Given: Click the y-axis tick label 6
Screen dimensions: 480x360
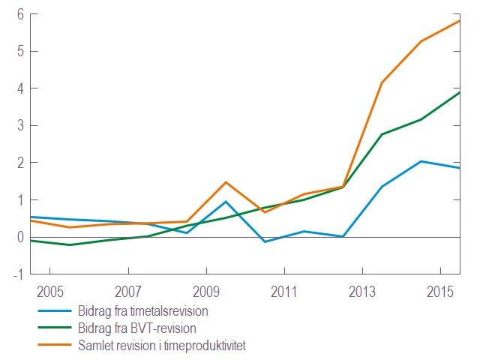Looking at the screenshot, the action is pyautogui.click(x=20, y=14).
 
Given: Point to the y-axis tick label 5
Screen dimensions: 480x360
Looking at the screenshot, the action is pyautogui.click(x=20, y=52).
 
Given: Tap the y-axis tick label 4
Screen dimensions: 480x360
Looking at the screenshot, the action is pyautogui.click(x=20, y=88).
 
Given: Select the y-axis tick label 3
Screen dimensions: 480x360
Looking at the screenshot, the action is pyautogui.click(x=20, y=125).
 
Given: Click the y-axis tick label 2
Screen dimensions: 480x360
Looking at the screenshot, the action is pyautogui.click(x=20, y=163).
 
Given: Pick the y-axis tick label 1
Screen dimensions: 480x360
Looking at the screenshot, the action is pyautogui.click(x=20, y=200).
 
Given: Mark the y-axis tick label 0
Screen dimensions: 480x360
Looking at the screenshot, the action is pyautogui.click(x=20, y=237).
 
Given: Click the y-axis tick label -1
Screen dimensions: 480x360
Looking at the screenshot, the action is pyautogui.click(x=19, y=274).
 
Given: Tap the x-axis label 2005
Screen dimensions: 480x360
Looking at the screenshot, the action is pyautogui.click(x=50, y=292).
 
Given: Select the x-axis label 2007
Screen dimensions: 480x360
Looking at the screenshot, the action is pyautogui.click(x=128, y=292).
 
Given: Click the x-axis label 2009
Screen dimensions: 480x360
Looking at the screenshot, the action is pyautogui.click(x=206, y=292).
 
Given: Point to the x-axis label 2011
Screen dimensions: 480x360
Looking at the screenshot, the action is pyautogui.click(x=284, y=292).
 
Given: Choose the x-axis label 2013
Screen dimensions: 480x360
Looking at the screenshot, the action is pyautogui.click(x=362, y=292).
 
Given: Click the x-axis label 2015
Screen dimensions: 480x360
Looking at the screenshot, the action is pyautogui.click(x=440, y=292).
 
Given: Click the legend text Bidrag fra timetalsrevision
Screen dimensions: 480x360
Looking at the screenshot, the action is pyautogui.click(x=143, y=311).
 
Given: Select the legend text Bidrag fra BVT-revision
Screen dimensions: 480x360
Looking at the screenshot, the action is pyautogui.click(x=137, y=328).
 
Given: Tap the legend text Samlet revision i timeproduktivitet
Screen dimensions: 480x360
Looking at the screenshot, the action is pyautogui.click(x=162, y=346).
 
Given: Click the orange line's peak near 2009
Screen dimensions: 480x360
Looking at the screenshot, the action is pyautogui.click(x=226, y=182).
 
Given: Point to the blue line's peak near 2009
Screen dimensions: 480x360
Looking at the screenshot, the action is pyautogui.click(x=226, y=202).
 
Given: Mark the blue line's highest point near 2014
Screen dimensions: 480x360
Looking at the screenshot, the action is pyautogui.click(x=421, y=161).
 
